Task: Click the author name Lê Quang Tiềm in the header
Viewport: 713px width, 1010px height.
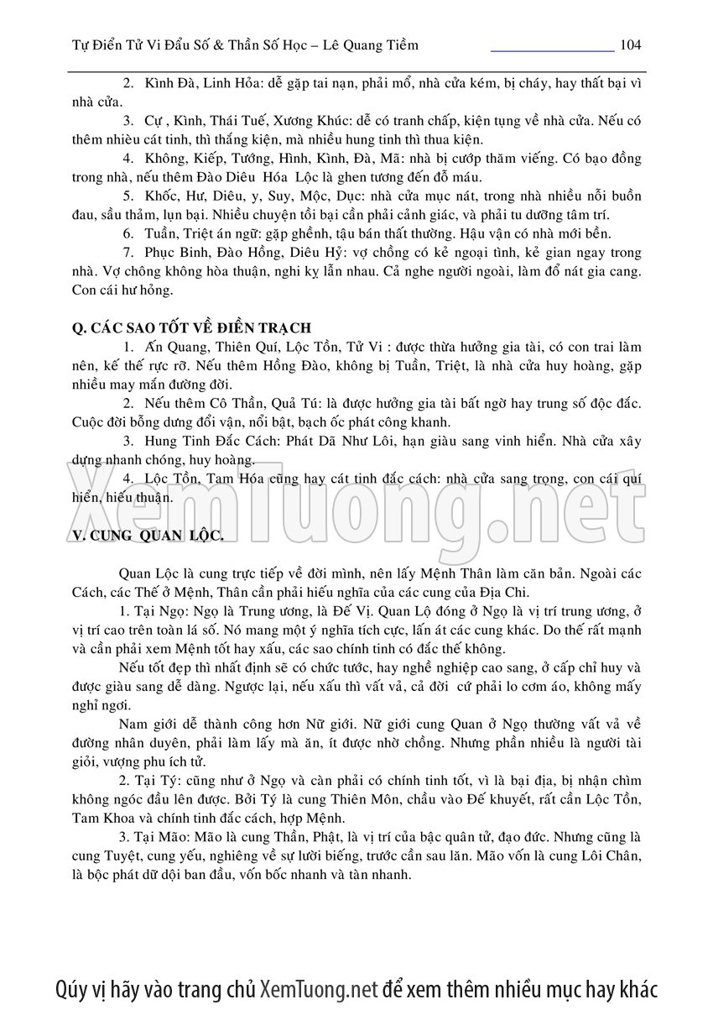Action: pyautogui.click(x=373, y=44)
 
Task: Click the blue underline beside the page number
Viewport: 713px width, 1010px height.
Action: pyautogui.click(x=552, y=50)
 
